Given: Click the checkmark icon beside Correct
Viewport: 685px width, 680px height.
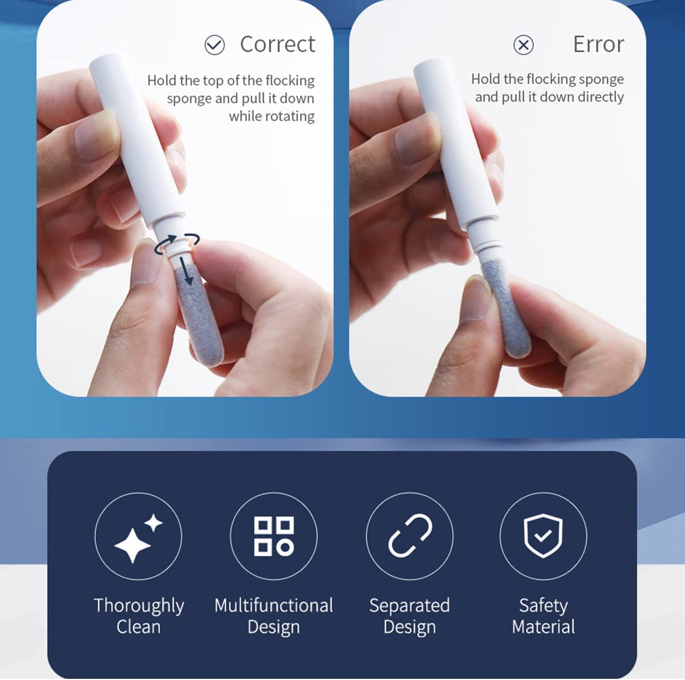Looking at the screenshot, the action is (x=215, y=45).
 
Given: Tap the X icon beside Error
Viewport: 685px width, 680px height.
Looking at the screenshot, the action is (x=523, y=45).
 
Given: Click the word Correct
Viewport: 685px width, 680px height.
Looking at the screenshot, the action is (x=277, y=44).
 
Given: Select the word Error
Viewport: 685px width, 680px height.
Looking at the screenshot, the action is (x=599, y=44).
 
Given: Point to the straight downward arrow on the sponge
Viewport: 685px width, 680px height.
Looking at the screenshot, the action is (x=186, y=271).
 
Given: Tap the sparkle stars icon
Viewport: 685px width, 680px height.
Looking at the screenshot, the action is (x=138, y=538).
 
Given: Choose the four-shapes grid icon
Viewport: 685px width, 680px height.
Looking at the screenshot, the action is (x=274, y=536).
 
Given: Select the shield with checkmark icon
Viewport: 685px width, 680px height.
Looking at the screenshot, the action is (x=543, y=535).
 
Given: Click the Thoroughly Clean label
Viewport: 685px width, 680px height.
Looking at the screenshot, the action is (x=139, y=616).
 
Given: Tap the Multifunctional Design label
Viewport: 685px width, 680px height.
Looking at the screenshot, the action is (x=274, y=616).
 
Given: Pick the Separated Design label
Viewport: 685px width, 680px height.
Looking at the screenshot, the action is (x=409, y=616).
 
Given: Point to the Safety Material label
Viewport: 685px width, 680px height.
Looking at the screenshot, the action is (x=543, y=616).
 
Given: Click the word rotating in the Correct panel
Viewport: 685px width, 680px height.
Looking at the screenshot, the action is (x=272, y=117).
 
